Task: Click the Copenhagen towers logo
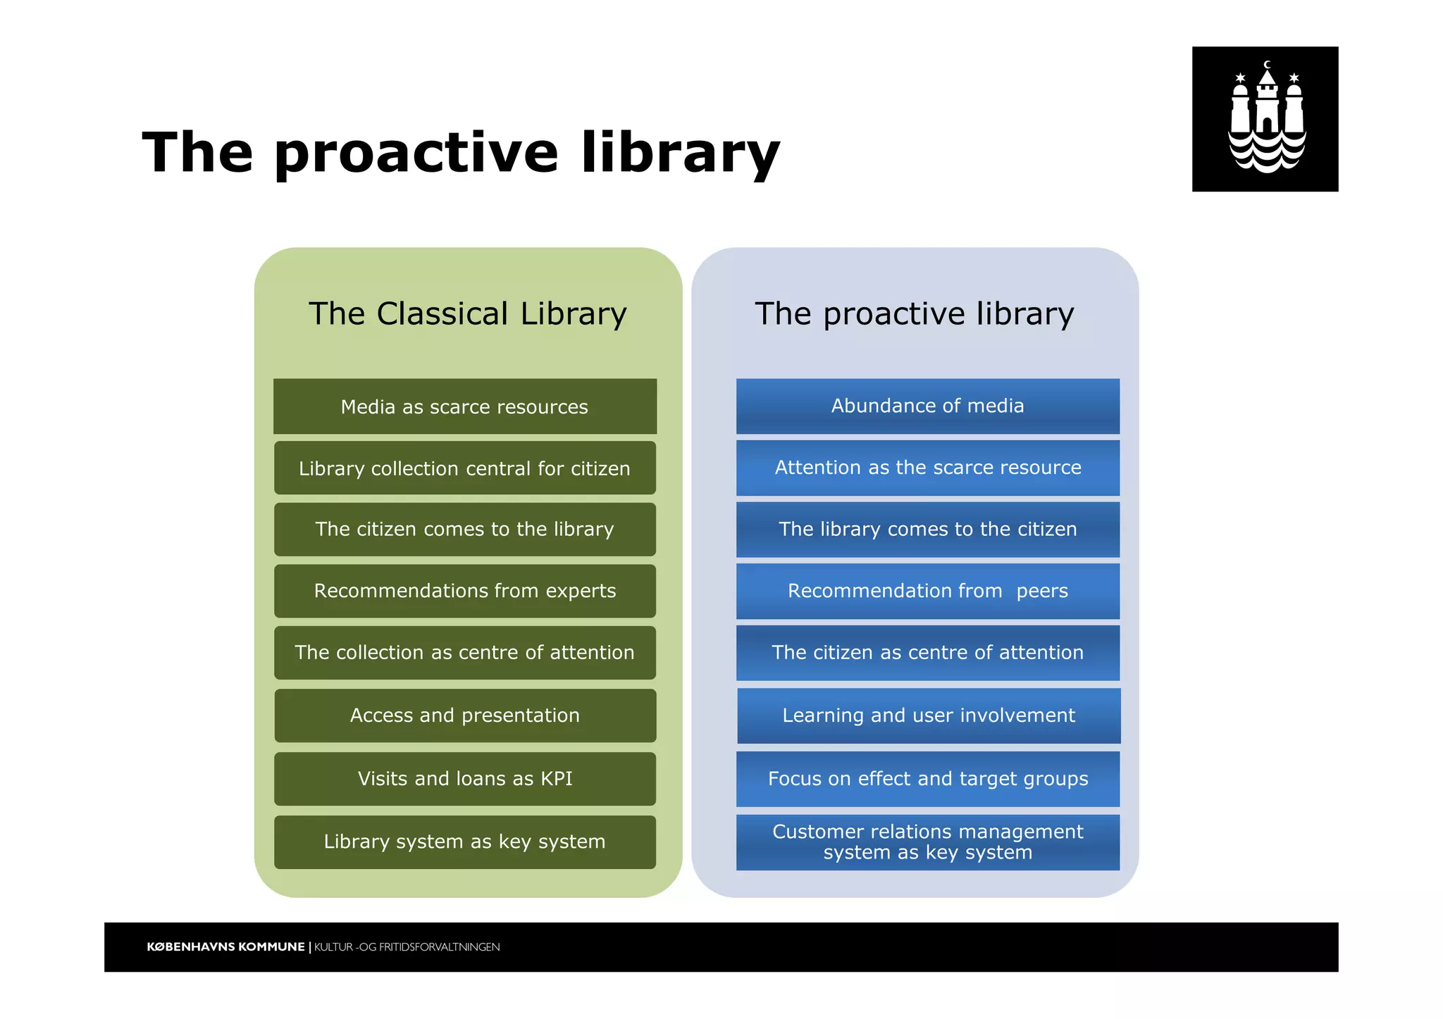click(1265, 119)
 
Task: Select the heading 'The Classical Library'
click(467, 313)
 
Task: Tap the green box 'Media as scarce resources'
click(465, 407)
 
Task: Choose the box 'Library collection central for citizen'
click(465, 468)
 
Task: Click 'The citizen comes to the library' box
click(465, 530)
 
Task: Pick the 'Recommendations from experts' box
click(465, 591)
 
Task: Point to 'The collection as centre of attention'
click(465, 653)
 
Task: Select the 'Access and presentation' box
click(465, 715)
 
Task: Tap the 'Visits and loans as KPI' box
click(465, 779)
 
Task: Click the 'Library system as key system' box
click(465, 842)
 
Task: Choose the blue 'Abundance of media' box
click(927, 406)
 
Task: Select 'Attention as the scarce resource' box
click(927, 468)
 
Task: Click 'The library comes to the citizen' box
click(927, 530)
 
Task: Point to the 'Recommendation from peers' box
click(927, 591)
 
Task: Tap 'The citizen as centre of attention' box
click(927, 653)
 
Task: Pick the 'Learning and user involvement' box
click(929, 715)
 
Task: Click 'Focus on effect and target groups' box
click(927, 779)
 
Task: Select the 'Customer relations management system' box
click(927, 842)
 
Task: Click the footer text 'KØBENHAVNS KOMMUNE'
click(225, 947)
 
